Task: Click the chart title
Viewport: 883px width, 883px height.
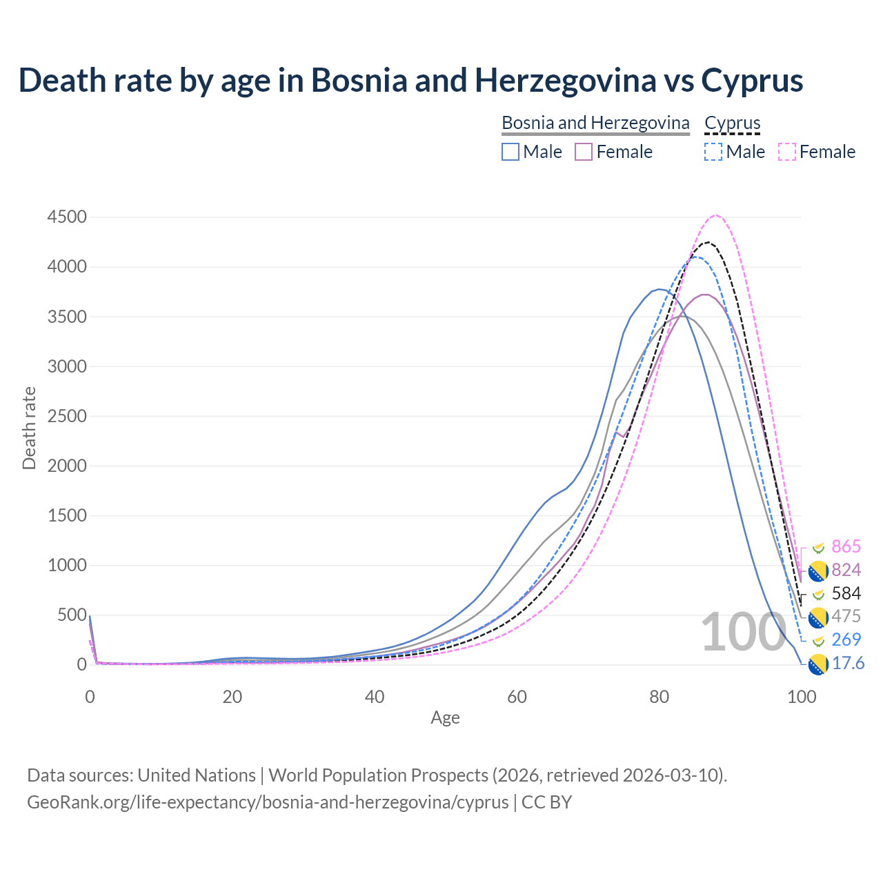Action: pos(410,80)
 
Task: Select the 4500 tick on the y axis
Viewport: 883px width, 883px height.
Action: pos(67,217)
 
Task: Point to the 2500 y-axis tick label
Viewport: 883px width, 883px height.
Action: pos(67,416)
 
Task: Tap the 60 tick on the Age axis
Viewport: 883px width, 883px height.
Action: pos(517,697)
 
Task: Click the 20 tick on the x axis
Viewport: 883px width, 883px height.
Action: pos(232,697)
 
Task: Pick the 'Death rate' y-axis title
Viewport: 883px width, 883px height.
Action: pos(29,428)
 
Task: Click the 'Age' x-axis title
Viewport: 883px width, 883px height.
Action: pos(445,718)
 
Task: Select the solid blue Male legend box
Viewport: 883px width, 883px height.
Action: pos(510,152)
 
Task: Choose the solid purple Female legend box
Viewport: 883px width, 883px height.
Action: pos(584,152)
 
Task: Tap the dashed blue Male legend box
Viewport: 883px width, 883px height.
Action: pos(713,152)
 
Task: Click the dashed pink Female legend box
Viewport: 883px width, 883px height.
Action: pos(786,152)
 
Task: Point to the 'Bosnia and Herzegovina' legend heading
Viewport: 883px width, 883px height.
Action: pos(595,123)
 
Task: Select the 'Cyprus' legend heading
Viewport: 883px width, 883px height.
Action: pos(732,123)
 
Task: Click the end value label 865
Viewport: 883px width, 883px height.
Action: pos(846,547)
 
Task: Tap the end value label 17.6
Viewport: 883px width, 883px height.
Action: pos(848,664)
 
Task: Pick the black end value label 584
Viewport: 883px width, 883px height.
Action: pos(846,593)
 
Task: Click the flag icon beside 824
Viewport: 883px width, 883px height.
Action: pos(818,571)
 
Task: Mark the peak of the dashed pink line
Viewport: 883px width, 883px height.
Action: pos(716,215)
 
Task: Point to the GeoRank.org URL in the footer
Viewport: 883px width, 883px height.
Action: pos(268,802)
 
